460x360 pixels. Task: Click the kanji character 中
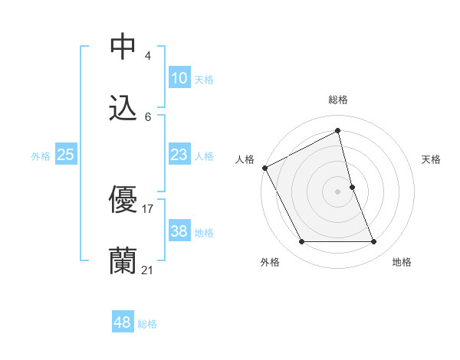[123, 46]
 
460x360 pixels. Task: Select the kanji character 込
[123, 108]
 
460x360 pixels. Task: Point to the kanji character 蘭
[123, 260]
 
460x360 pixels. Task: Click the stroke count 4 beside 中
[147, 55]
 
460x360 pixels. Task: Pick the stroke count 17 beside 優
[148, 208]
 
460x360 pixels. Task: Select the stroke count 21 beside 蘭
[148, 270]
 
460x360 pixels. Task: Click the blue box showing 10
[179, 78]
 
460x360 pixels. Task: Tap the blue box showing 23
[179, 155]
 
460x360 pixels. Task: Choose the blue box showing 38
[179, 231]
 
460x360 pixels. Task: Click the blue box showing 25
[65, 155]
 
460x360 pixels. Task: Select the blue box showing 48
[122, 322]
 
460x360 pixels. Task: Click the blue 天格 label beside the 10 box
[204, 80]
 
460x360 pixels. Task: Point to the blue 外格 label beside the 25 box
[41, 156]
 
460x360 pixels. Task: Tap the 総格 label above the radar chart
[338, 100]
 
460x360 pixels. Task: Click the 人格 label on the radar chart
[245, 159]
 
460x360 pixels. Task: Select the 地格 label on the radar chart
[402, 262]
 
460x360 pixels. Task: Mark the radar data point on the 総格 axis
[338, 131]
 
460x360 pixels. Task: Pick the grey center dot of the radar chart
[338, 191]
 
